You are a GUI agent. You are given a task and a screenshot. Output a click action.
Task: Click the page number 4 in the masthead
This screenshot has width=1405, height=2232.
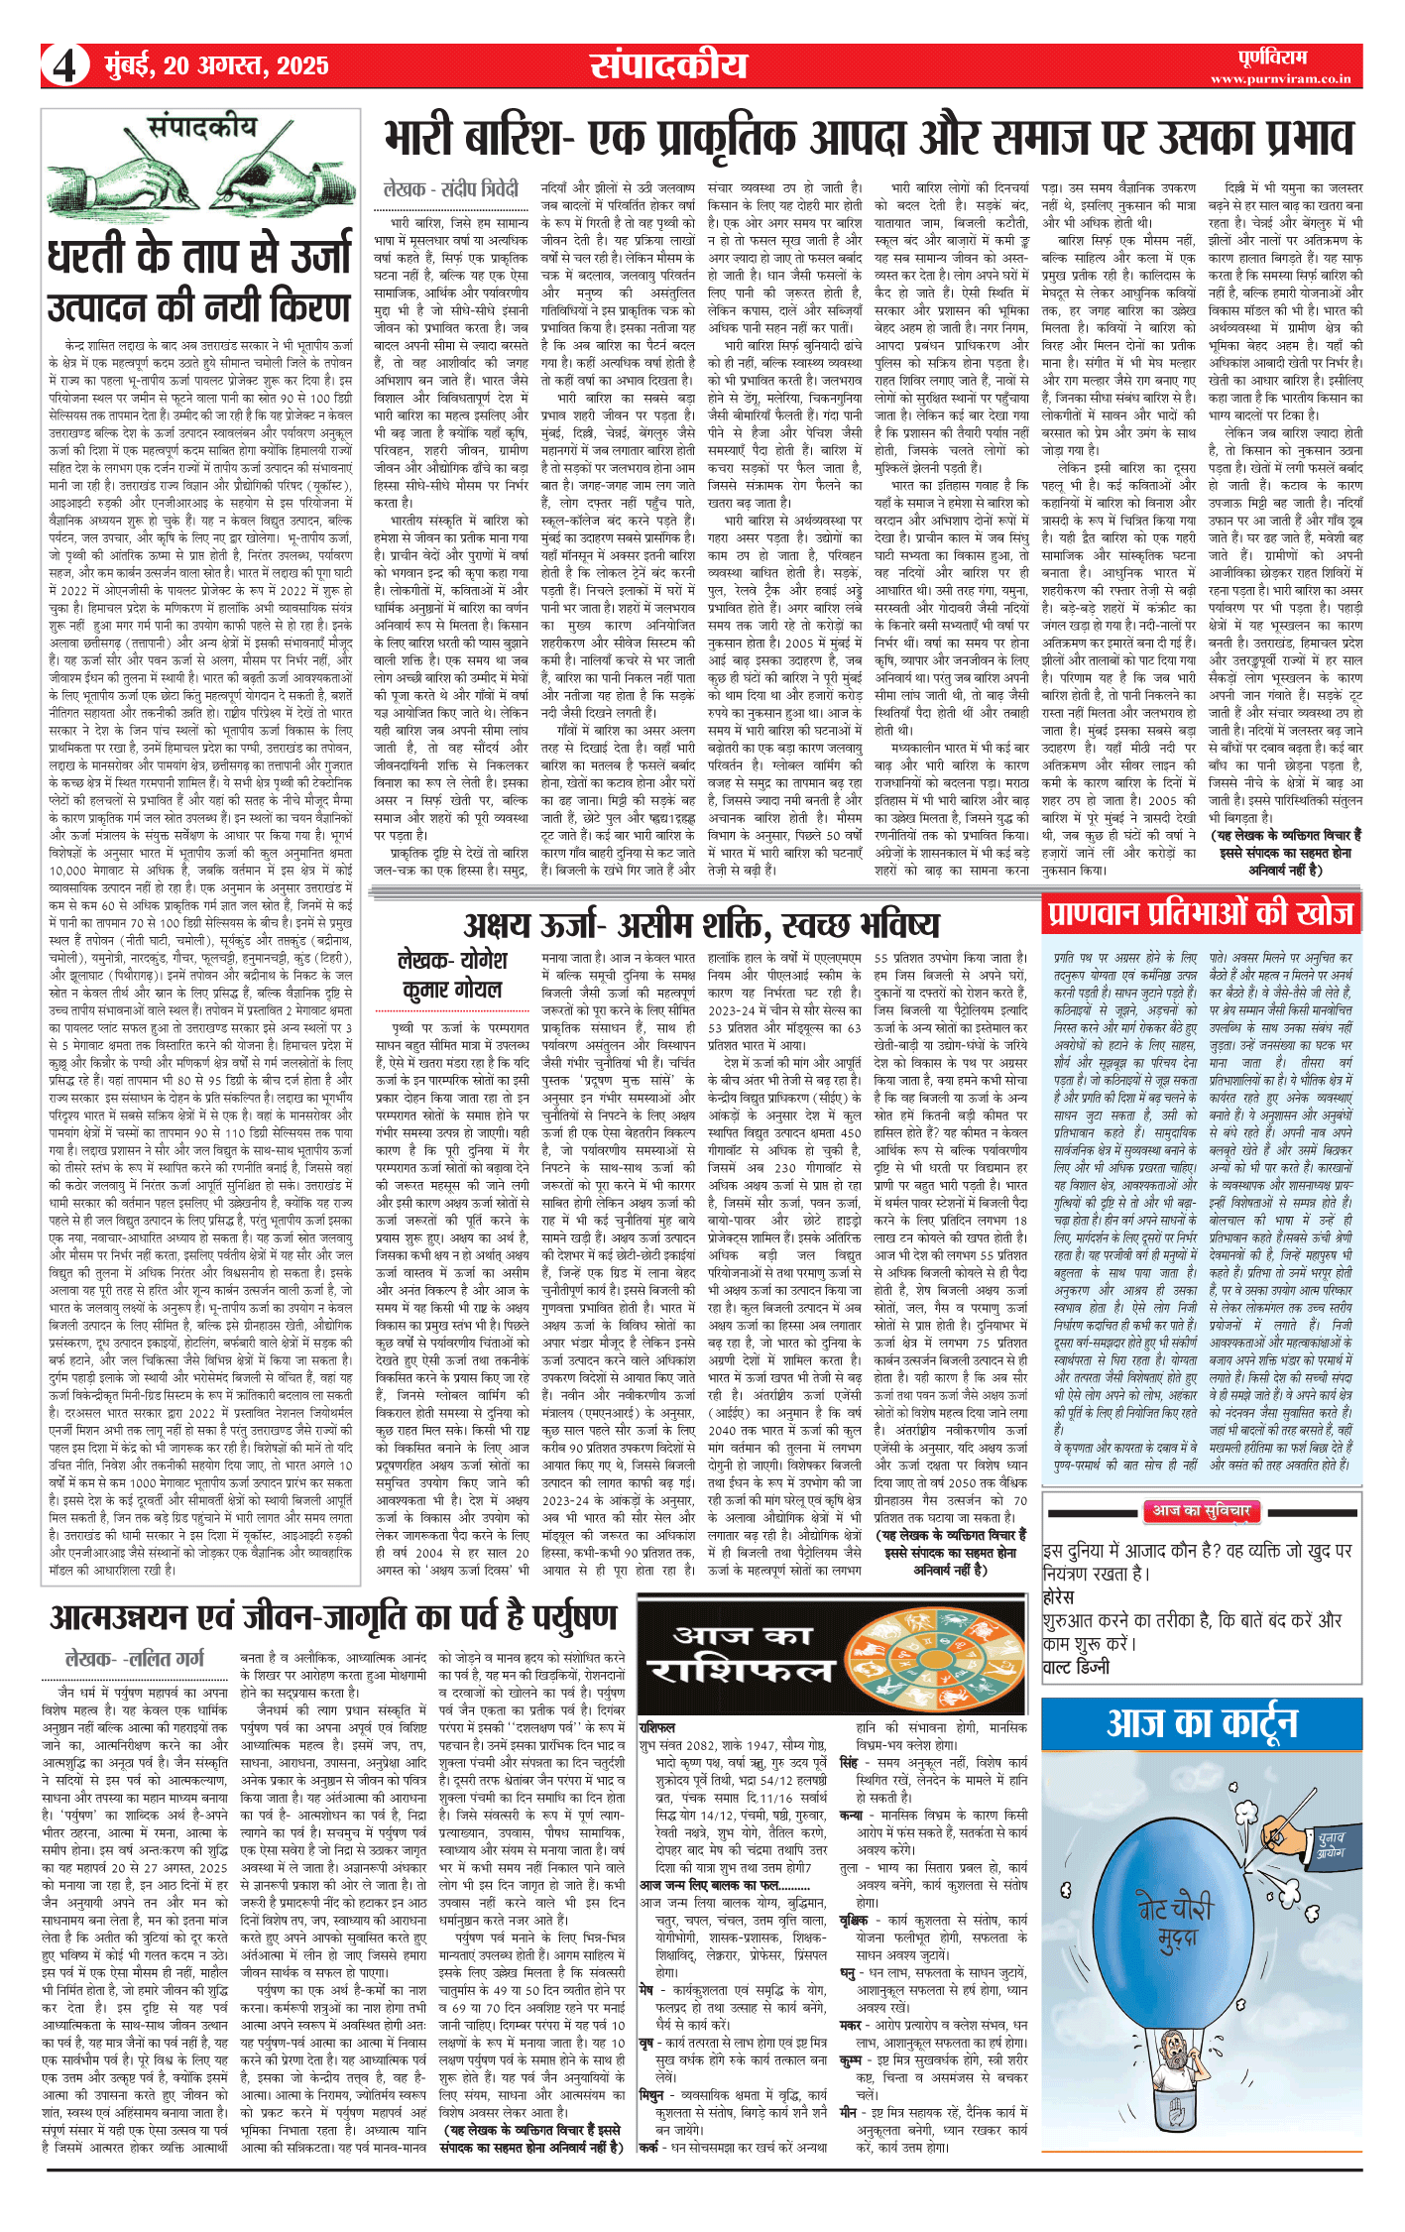click(64, 66)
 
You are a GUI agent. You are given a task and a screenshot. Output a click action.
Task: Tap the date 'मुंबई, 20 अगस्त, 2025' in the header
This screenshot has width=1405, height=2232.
click(216, 65)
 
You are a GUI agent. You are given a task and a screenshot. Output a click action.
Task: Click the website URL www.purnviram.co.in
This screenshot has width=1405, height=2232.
click(1280, 78)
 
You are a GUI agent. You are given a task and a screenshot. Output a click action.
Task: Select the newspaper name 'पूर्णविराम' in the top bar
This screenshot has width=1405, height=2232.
click(1272, 58)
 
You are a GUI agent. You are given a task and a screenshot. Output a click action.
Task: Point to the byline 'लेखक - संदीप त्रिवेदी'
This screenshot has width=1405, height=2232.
click(450, 189)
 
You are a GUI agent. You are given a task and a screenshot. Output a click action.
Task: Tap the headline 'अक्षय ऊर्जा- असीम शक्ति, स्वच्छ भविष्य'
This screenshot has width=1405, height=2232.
click(701, 925)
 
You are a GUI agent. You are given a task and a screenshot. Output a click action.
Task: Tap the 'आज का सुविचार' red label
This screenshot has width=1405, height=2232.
click(1202, 1511)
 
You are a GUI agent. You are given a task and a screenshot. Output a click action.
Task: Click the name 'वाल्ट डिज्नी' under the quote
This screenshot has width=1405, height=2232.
click(1076, 1667)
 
